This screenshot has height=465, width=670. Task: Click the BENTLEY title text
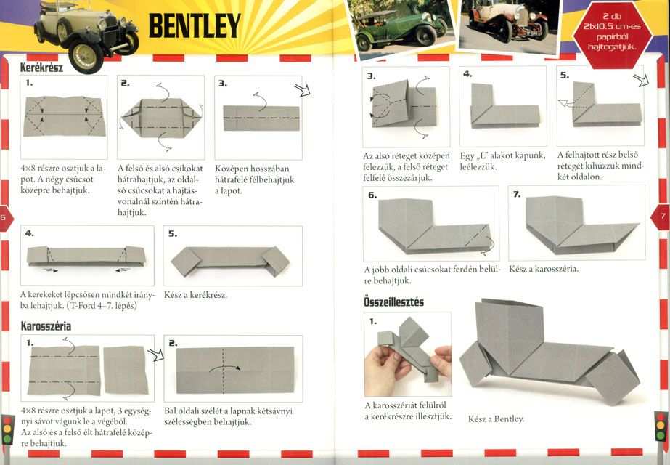(x=195, y=25)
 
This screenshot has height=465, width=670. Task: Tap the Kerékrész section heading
(x=41, y=67)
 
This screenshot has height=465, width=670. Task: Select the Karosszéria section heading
(x=46, y=326)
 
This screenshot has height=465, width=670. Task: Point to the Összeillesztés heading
(x=393, y=302)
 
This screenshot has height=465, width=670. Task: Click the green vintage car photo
(x=399, y=28)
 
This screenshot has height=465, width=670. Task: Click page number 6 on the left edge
(x=5, y=218)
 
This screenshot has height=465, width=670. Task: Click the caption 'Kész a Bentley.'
(x=496, y=418)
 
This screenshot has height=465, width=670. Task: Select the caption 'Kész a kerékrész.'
(x=195, y=295)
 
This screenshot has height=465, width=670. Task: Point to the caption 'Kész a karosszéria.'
(x=544, y=269)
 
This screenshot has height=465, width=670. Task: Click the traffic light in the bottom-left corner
(x=7, y=429)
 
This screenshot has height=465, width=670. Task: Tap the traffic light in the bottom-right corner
(x=661, y=426)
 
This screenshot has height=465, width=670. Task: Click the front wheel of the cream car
(x=85, y=57)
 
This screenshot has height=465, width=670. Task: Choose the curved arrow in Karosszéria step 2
(x=225, y=368)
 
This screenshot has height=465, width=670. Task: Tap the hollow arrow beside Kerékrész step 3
(x=303, y=90)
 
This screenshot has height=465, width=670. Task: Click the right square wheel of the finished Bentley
(x=613, y=379)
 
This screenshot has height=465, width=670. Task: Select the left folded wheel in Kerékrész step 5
(x=185, y=262)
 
